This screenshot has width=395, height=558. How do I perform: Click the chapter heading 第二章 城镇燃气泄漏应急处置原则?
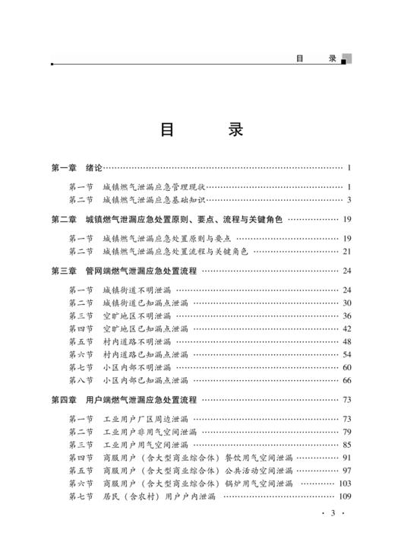pyautogui.click(x=166, y=220)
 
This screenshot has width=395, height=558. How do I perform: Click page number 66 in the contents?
pyautogui.click(x=347, y=380)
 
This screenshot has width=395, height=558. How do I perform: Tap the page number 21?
pyautogui.click(x=347, y=251)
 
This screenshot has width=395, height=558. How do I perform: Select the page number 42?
pyautogui.click(x=347, y=328)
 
